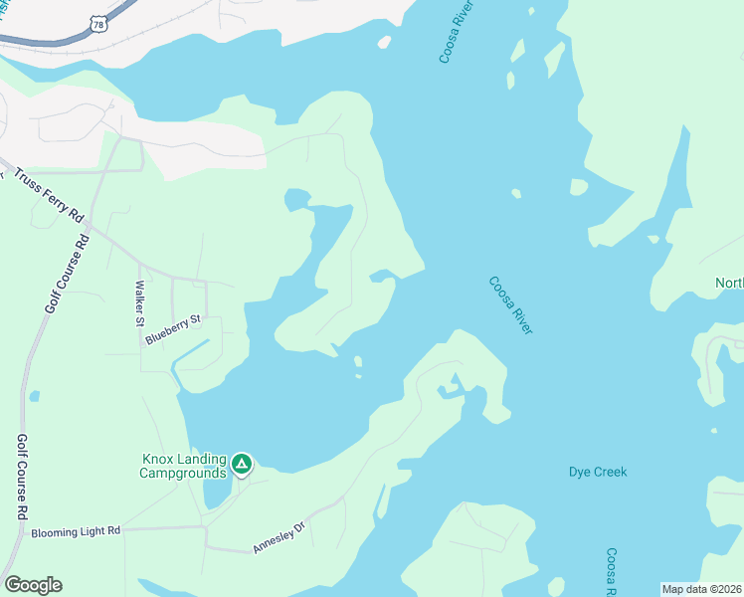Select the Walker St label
coord(140,304)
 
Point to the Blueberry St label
coord(173,328)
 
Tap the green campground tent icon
coord(241,464)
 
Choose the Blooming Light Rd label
coord(76,531)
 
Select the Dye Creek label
coord(598,472)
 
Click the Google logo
coord(33,585)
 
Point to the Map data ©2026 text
coord(701,589)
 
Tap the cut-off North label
coord(729,283)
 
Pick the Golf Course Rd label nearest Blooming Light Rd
coord(21,478)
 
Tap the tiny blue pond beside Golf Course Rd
coord(35,396)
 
